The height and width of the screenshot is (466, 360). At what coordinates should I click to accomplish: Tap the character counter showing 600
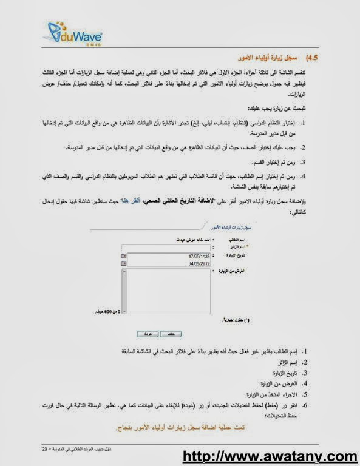[104, 311]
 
